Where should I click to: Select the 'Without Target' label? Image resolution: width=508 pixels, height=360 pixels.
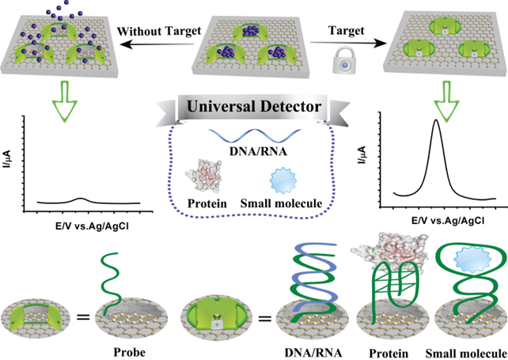(x=154, y=31)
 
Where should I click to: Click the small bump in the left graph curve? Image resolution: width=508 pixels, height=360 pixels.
(x=82, y=199)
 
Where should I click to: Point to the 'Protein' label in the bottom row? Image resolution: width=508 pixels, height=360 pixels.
(x=384, y=346)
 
